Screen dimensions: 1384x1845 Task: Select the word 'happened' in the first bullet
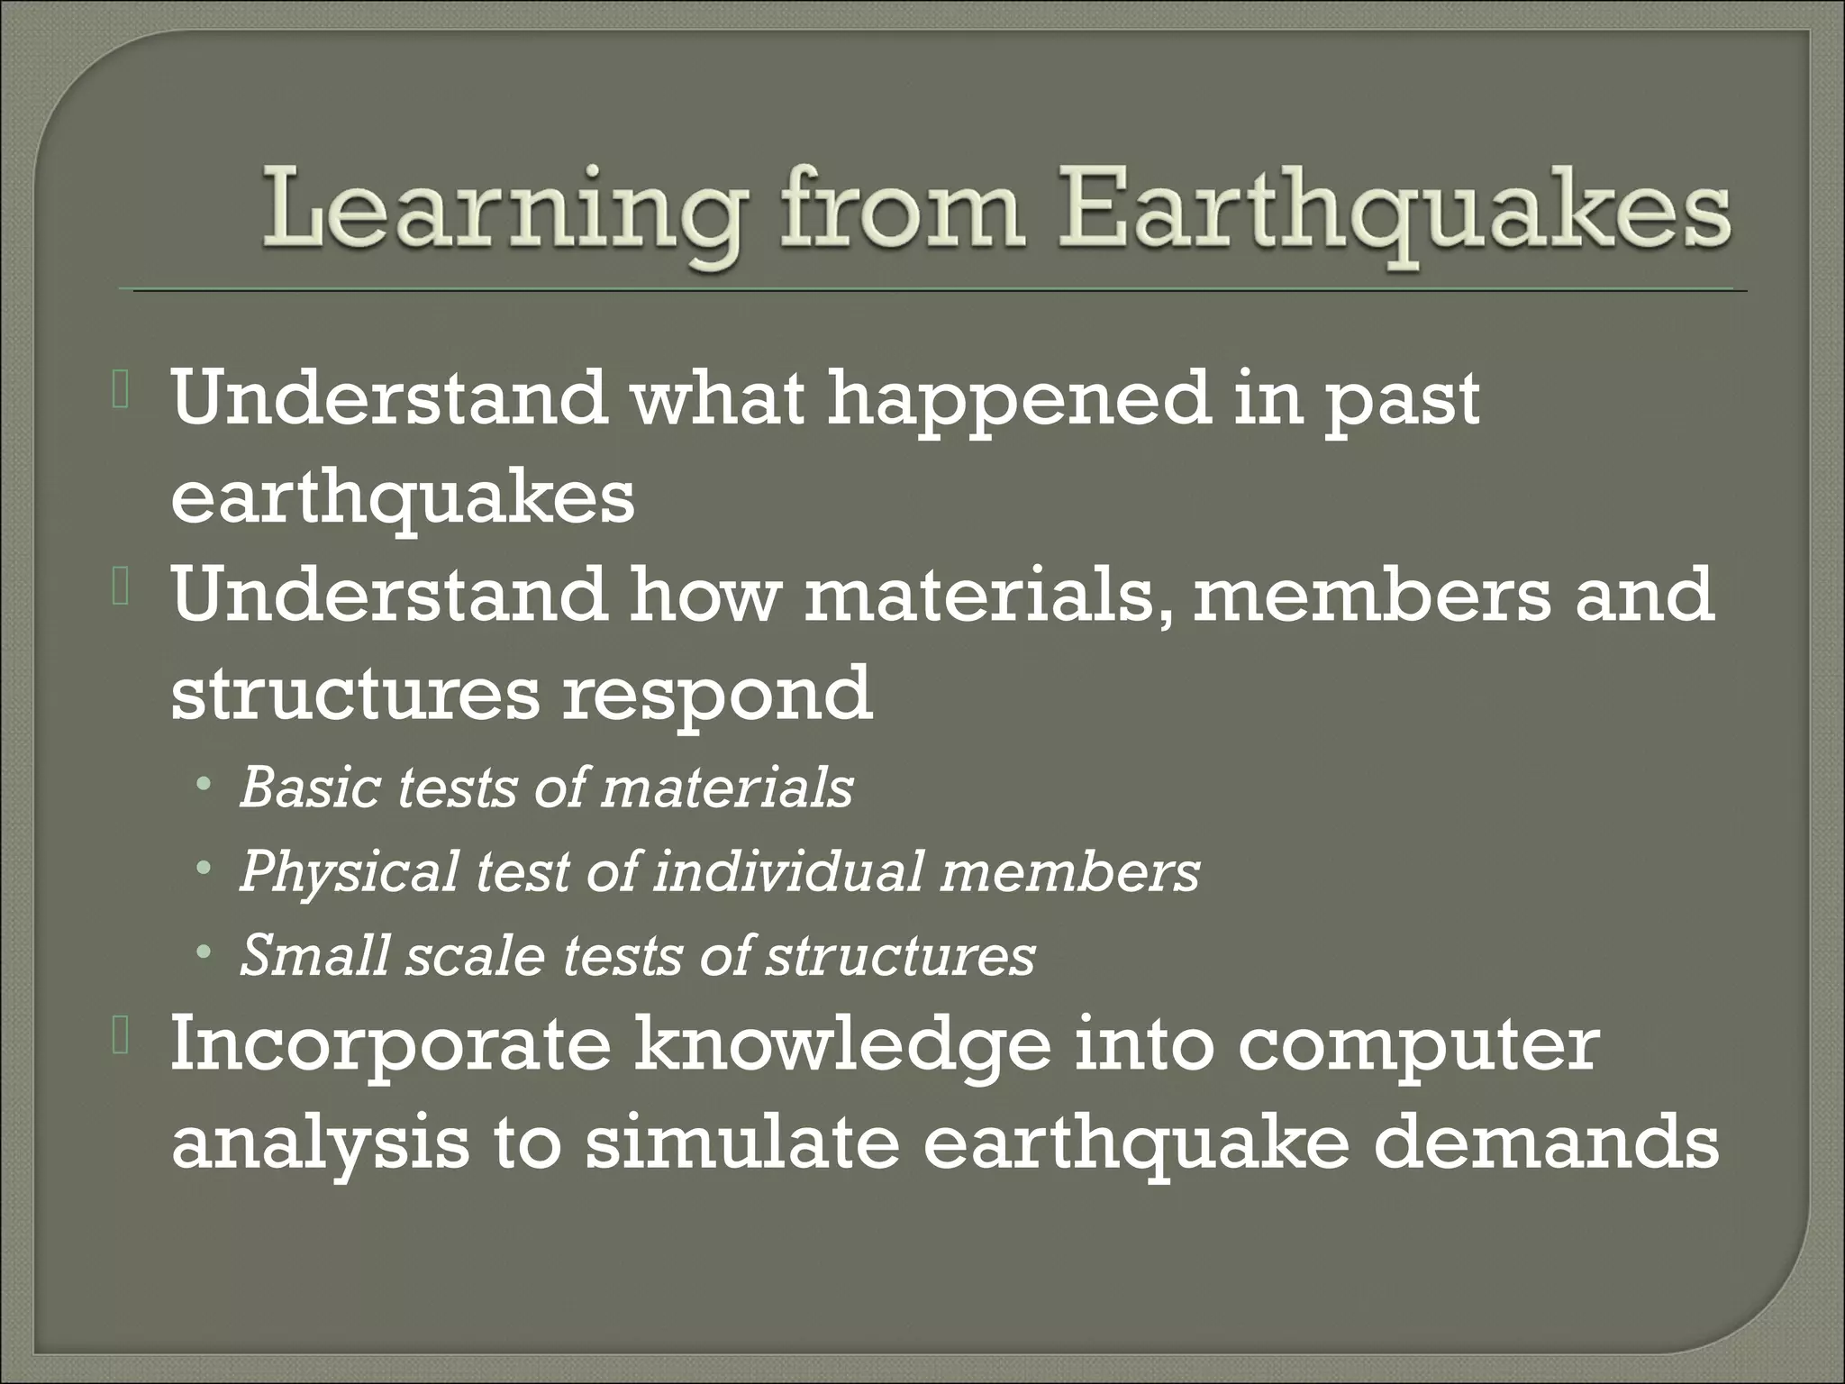pos(1018,400)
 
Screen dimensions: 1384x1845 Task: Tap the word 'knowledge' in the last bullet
pos(843,1046)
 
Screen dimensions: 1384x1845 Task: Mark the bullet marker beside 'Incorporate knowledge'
pos(123,1042)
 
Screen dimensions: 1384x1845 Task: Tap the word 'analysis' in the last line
pos(321,1143)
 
